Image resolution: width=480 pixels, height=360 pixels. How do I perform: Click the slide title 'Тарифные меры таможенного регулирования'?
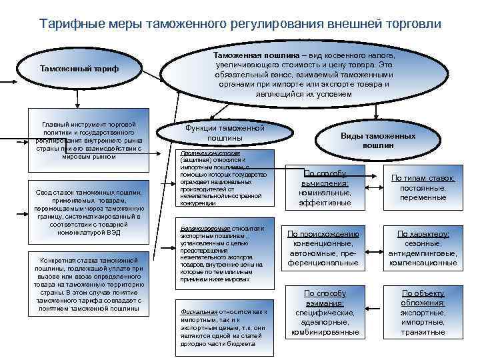[240, 23]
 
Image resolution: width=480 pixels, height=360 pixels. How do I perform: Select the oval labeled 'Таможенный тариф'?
[80, 69]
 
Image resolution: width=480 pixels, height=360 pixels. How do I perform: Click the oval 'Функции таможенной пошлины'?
[225, 132]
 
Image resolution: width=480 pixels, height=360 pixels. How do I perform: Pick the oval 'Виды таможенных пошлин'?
[378, 140]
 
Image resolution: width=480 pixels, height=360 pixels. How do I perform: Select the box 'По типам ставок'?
[423, 187]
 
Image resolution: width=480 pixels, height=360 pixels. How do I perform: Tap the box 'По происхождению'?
[323, 248]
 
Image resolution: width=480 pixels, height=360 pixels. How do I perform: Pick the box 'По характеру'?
[423, 248]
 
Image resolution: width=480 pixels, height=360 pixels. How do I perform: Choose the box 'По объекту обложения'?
[423, 312]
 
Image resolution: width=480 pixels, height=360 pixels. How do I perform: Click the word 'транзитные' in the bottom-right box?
[423, 332]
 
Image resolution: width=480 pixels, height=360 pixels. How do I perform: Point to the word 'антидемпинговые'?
[423, 253]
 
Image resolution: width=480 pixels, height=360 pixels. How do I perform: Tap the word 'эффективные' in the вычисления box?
[325, 203]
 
